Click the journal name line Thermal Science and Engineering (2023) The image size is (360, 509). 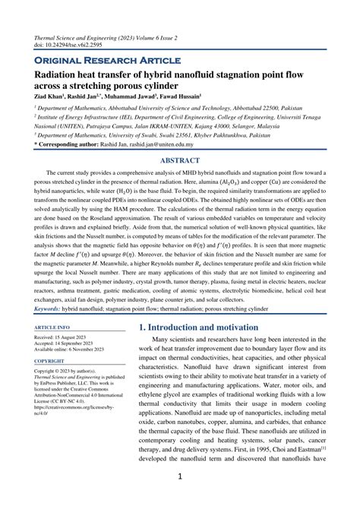click(99, 36)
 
